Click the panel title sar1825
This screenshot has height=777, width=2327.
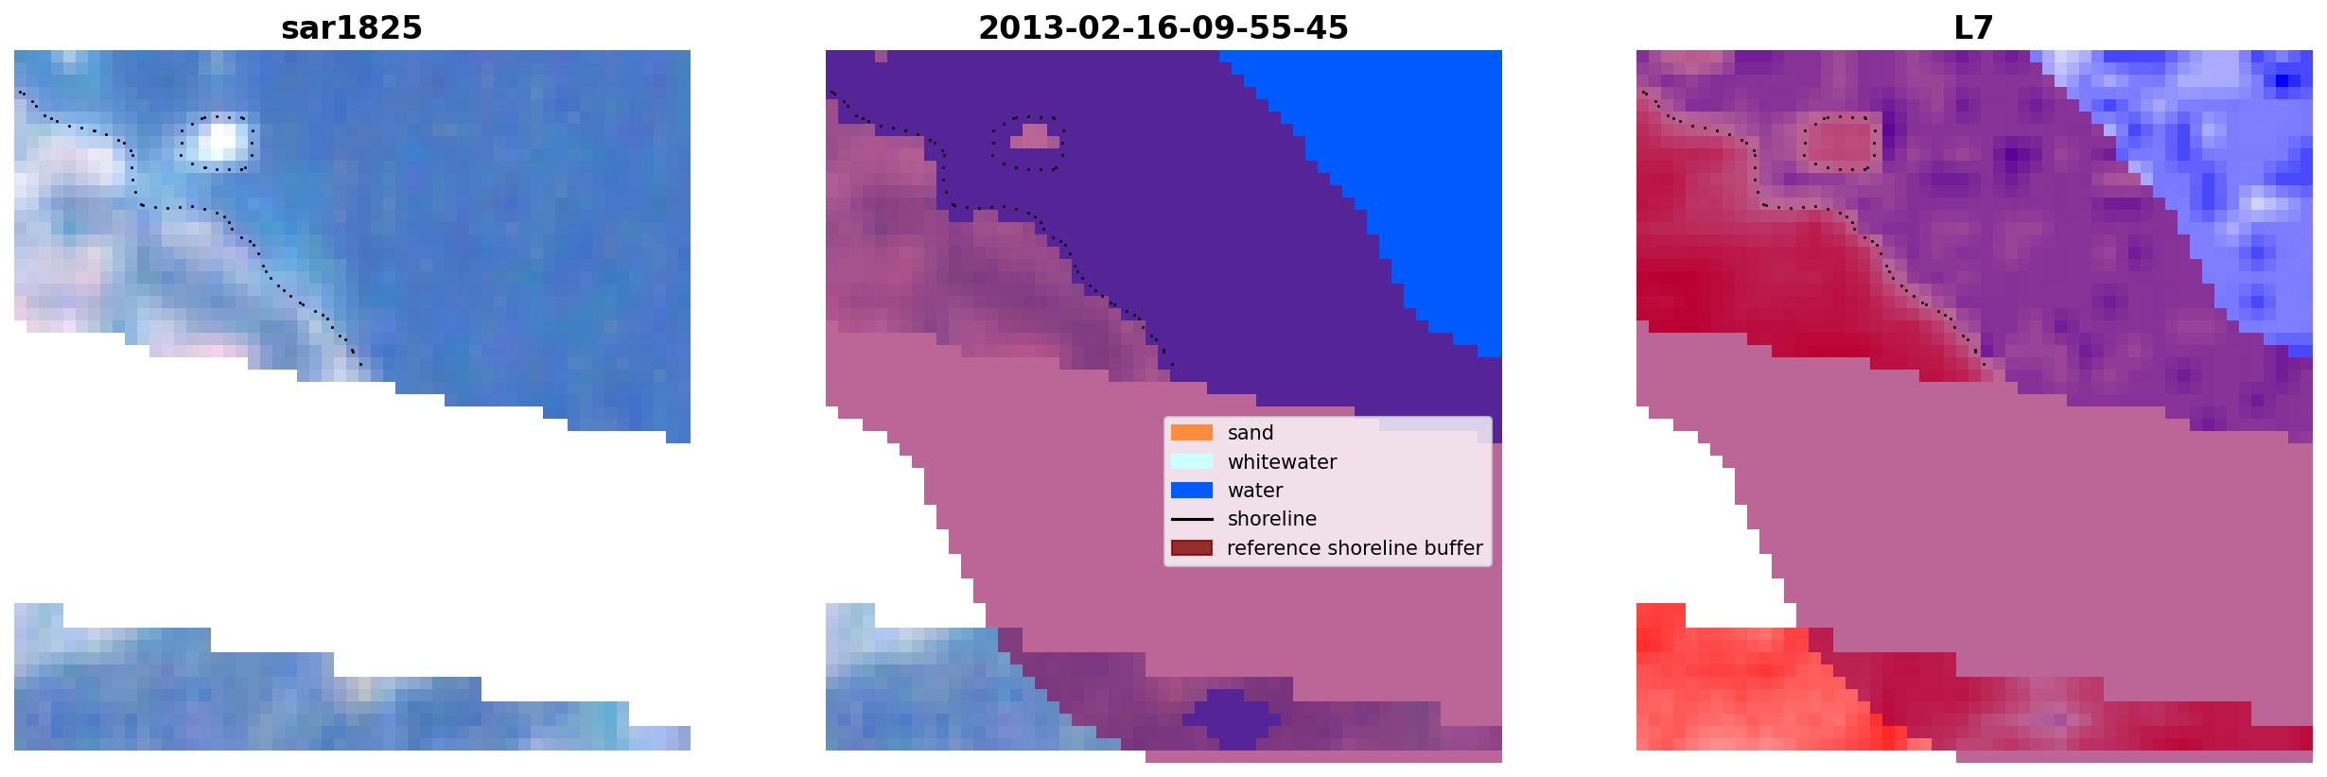(351, 27)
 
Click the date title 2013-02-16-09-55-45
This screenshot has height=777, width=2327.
(1163, 27)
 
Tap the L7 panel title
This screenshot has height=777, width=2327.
(1973, 27)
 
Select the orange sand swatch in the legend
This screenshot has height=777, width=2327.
(1192, 432)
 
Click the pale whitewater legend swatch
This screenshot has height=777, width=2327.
(1192, 461)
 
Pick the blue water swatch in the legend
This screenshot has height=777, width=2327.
(1192, 490)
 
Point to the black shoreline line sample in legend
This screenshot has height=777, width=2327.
(1192, 519)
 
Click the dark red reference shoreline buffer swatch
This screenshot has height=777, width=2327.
(1192, 547)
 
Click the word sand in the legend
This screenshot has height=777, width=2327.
(1251, 433)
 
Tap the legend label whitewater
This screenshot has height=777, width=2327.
(1282, 462)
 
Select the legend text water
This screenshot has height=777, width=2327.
(1255, 491)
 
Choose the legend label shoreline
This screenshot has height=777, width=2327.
(1272, 519)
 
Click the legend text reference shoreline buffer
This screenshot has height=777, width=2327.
(1355, 548)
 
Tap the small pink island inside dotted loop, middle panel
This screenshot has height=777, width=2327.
(1035, 138)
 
